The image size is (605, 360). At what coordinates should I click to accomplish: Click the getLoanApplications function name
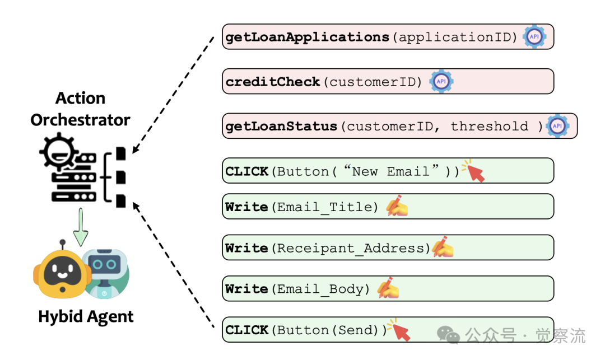pos(307,38)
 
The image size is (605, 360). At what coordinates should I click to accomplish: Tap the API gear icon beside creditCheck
pos(441,81)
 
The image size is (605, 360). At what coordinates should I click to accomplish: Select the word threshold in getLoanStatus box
pos(489,126)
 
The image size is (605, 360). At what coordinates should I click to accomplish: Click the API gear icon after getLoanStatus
pos(557,126)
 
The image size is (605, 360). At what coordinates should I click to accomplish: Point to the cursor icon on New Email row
pos(474,171)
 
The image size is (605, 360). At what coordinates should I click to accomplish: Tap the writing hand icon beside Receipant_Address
pos(442,247)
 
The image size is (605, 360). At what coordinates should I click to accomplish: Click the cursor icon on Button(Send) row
pos(400,330)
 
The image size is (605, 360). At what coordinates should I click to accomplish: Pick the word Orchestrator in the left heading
pos(80,120)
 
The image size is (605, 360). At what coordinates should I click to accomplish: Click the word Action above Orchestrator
pos(80,99)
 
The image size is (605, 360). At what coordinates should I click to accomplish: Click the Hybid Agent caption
pos(86,317)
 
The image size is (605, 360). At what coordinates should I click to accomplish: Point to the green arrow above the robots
pos(81,227)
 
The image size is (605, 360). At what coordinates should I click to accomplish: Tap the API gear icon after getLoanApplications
pos(534,36)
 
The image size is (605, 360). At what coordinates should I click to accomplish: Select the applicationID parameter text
pos(454,38)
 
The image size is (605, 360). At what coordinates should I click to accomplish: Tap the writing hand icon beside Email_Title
pos(397,206)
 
